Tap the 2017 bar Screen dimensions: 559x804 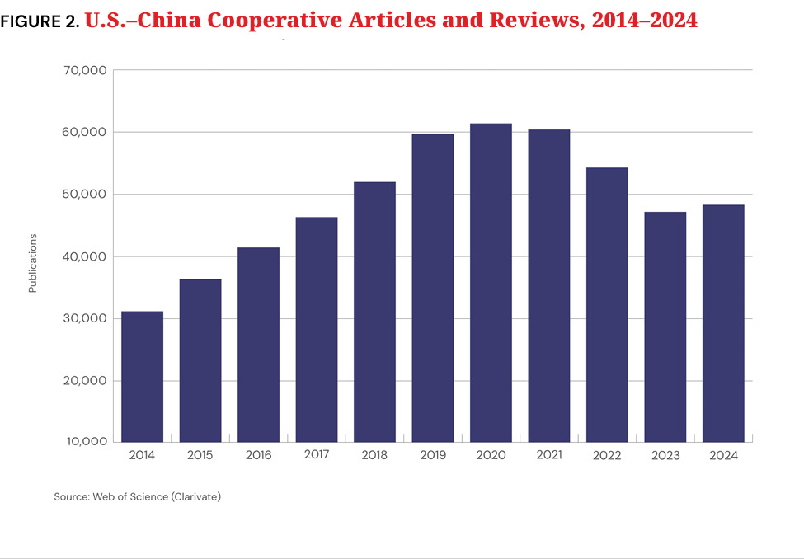[317, 329]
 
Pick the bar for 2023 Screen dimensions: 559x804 [665, 326]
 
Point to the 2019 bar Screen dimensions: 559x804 [433, 287]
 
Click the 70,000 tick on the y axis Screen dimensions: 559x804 [84, 70]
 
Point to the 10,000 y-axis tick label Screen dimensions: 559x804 [84, 442]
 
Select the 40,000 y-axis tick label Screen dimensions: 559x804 [84, 256]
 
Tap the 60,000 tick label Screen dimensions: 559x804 [84, 132]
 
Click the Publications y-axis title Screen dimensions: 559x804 [33, 263]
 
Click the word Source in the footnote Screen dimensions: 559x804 [71, 496]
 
